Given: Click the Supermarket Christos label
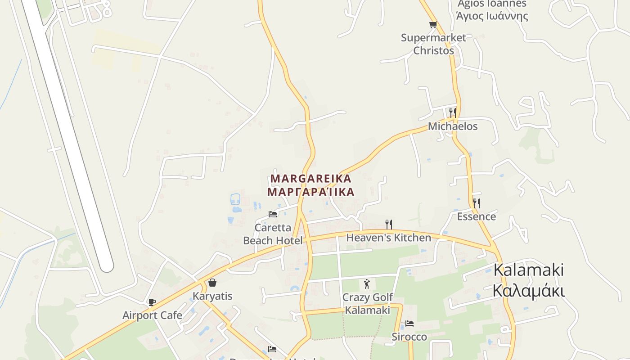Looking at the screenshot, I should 433,44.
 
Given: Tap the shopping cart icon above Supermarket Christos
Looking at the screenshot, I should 433,25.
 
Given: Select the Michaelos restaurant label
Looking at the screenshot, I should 453,126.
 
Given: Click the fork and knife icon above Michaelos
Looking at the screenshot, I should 453,112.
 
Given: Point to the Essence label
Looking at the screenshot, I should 476,217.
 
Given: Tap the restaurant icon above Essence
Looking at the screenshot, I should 476,203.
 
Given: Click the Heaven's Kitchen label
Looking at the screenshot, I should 388,238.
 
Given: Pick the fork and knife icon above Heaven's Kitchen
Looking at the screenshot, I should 389,224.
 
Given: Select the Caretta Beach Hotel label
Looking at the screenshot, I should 273,234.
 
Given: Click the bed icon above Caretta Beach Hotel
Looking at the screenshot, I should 273,214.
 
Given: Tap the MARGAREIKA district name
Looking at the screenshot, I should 310,179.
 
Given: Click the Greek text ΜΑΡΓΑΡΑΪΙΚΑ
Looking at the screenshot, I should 310,192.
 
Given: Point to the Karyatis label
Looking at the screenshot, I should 212,296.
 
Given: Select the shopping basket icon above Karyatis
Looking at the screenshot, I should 212,283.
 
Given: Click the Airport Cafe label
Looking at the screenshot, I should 152,315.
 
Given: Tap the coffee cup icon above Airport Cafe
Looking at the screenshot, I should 152,302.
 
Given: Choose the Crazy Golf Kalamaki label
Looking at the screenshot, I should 367,304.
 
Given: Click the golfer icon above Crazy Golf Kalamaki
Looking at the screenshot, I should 367,284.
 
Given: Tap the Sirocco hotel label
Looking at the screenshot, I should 409,337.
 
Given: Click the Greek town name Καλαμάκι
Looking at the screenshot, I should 528,291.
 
